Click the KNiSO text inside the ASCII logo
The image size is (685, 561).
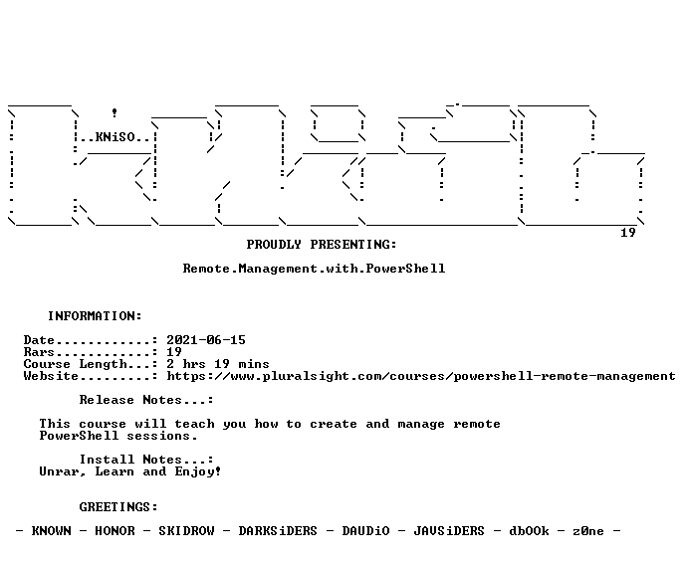[114, 137]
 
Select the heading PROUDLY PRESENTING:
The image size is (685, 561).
[322, 245]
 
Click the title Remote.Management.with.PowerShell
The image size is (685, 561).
[314, 269]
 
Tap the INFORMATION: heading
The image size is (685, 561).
[95, 316]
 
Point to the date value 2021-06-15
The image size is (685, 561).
[206, 340]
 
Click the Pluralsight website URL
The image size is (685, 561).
[421, 376]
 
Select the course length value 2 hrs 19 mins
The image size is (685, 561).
[218, 364]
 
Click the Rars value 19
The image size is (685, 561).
[174, 352]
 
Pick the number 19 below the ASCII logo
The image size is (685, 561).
[628, 233]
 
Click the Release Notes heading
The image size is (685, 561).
[146, 400]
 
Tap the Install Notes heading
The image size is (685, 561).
[146, 460]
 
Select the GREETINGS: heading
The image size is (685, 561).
[118, 507]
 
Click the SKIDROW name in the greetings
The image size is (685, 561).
[186, 531]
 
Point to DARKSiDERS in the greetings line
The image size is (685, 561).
[278, 531]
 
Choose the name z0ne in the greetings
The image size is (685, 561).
[588, 531]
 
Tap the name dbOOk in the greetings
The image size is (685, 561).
[529, 531]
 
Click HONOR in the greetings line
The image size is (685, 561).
[114, 531]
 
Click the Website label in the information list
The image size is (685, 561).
[51, 376]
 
